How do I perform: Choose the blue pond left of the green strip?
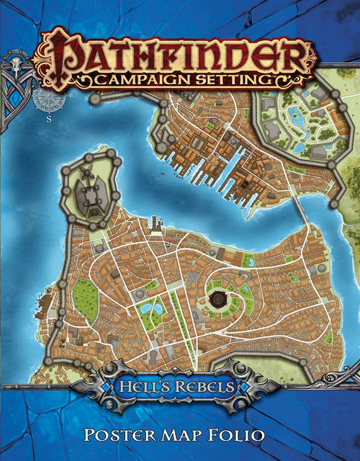click(149, 310)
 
